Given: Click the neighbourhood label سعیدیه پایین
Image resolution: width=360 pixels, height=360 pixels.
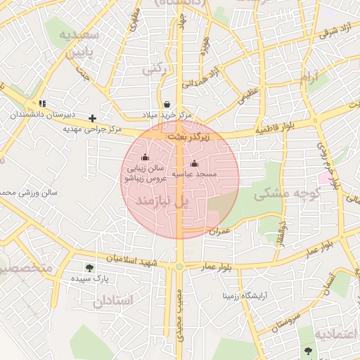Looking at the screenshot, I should click(79, 44).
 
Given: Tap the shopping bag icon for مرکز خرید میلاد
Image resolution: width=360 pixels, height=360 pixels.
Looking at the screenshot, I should click(167, 103).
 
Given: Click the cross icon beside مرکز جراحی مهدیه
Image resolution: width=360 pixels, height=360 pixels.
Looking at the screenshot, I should click(92, 117).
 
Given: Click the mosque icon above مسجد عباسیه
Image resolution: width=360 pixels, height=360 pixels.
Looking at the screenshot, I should click(195, 163).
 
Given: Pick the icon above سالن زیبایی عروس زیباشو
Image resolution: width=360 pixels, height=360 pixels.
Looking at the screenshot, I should click(145, 157).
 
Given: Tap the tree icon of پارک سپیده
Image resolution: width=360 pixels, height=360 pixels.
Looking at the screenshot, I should click(89, 267).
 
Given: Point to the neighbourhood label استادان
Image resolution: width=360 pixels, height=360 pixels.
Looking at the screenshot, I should click(112, 300).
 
